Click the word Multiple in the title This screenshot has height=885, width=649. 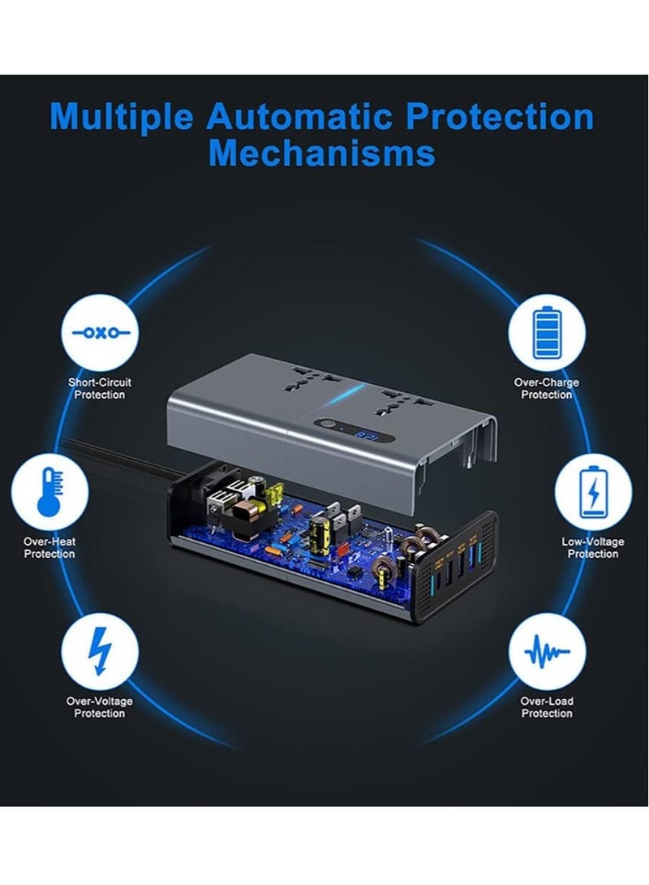click(122, 117)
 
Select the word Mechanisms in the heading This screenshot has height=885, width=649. click(321, 153)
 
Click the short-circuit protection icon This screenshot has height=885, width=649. click(100, 333)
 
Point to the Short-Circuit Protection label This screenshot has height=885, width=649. click(100, 389)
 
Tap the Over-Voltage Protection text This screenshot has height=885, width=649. click(100, 707)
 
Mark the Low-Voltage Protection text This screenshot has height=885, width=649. click(593, 548)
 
